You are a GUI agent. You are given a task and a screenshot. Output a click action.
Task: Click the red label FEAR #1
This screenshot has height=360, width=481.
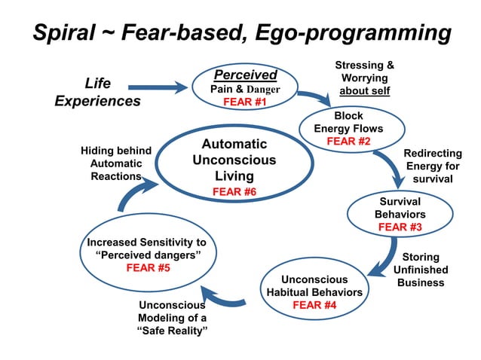(245, 102)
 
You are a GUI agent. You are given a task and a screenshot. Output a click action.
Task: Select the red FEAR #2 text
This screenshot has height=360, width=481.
(348, 141)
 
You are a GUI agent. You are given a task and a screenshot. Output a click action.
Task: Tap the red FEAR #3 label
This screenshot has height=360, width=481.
(400, 227)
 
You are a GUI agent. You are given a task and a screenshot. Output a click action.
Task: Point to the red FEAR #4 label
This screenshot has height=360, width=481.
(314, 305)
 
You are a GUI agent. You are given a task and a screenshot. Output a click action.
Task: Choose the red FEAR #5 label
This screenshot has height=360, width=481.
(147, 267)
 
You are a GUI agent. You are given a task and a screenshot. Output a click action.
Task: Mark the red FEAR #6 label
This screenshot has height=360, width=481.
(234, 192)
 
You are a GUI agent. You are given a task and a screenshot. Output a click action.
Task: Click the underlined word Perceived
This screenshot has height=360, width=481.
(245, 75)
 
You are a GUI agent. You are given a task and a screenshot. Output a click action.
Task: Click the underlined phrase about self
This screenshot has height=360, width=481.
(364, 91)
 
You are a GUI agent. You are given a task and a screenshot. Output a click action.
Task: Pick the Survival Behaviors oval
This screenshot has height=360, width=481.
(400, 214)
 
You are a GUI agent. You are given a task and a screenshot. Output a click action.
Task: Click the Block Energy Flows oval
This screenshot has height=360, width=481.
(348, 128)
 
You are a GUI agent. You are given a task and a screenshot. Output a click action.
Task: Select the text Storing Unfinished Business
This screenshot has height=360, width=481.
(421, 270)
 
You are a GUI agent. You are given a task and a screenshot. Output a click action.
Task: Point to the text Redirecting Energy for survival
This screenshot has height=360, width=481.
(433, 166)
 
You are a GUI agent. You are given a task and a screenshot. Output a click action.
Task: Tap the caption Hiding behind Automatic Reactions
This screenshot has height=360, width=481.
(115, 163)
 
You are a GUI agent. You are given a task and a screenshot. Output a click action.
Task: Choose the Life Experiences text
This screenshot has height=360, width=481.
(97, 92)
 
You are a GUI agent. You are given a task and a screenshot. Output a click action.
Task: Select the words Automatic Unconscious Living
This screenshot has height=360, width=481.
(234, 160)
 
